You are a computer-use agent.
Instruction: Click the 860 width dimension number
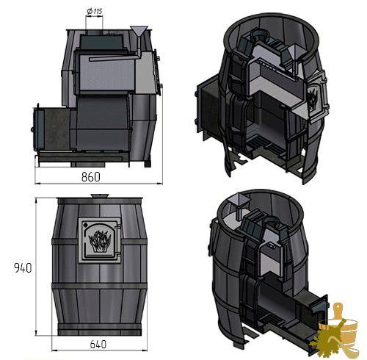tap(91, 177)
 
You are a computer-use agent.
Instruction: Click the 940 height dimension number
tap(23, 268)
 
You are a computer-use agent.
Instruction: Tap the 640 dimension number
tap(98, 345)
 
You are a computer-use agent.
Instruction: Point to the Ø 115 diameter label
tap(95, 11)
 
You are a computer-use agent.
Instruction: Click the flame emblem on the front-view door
tap(100, 242)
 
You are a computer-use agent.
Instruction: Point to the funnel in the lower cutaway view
tap(237, 204)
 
